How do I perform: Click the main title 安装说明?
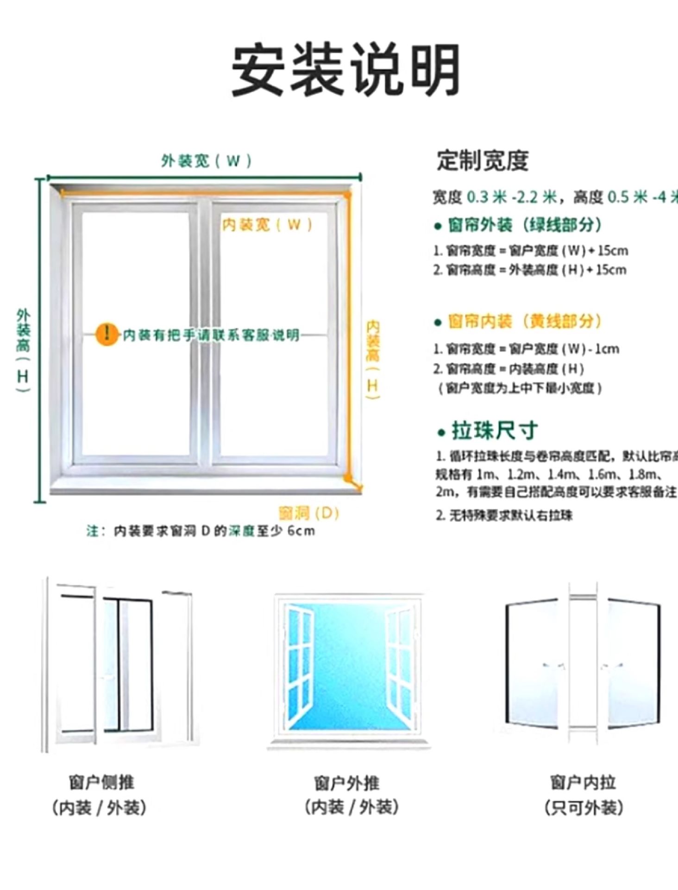tap(345, 70)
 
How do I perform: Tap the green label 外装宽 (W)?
tap(207, 161)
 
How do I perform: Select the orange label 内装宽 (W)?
tap(267, 225)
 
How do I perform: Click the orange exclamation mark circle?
tap(107, 334)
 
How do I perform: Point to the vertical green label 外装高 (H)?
tap(23, 350)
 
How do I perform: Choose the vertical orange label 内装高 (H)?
tap(373, 360)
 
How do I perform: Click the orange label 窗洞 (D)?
tap(309, 513)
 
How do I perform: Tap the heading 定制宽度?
tap(482, 161)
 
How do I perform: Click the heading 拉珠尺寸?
tap(494, 431)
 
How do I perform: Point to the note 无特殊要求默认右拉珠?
tap(504, 515)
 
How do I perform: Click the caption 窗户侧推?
tap(101, 782)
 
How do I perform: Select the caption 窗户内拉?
tap(583, 782)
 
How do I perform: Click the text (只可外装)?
tap(584, 807)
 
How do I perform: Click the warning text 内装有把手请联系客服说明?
tap(211, 335)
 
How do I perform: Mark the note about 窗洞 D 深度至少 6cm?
tap(201, 531)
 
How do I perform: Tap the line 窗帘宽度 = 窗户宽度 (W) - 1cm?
tap(526, 349)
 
